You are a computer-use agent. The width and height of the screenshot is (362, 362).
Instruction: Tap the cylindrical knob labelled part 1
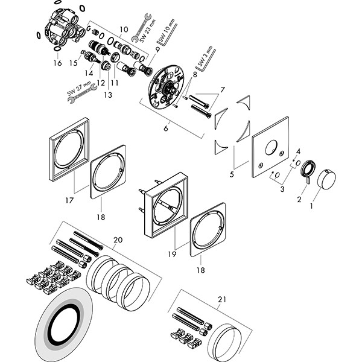tap(326, 177)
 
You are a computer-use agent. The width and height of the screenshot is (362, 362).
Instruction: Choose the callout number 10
tap(124, 30)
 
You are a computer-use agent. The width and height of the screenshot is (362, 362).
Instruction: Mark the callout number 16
tap(57, 62)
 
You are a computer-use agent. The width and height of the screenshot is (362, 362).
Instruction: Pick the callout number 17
tap(70, 200)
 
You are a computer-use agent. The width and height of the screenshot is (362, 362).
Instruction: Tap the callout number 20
tap(118, 240)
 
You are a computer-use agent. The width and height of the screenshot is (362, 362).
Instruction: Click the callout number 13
tap(109, 95)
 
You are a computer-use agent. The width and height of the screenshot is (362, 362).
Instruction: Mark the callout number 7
tap(223, 90)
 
